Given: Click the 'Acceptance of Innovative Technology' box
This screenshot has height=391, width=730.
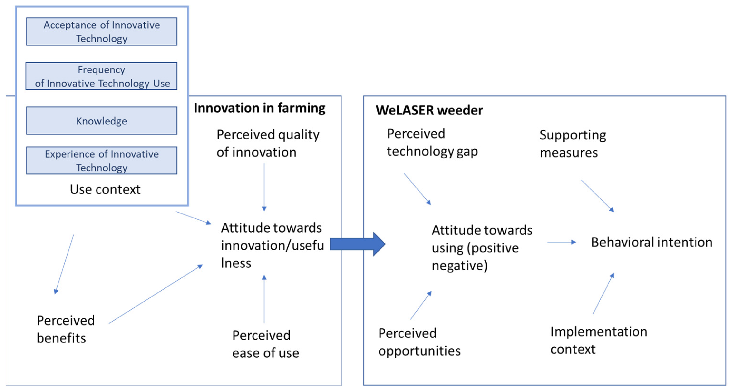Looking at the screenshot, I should (102, 31).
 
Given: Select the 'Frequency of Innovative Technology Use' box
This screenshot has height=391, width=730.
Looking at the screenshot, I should (102, 76).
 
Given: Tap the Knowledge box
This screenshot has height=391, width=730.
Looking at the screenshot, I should (102, 121).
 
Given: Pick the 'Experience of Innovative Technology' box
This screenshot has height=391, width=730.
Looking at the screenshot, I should (102, 160).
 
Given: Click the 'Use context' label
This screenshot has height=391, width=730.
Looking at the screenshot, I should (105, 189).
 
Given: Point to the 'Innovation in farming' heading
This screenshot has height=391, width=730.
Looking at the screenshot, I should (259, 108).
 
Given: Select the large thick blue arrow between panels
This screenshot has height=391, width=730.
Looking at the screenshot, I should (357, 244).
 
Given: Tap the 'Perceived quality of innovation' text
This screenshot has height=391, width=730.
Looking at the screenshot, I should (268, 143).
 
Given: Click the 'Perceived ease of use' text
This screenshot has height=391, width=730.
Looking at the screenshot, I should (265, 344).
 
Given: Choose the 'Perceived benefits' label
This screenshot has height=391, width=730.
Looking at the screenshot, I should (65, 329).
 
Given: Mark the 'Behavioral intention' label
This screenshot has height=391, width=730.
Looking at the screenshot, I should (651, 243).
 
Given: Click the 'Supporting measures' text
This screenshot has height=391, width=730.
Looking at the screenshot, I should (572, 144).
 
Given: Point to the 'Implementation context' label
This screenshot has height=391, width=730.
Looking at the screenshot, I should (599, 340).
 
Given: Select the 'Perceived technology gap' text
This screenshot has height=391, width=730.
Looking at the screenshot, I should (432, 142).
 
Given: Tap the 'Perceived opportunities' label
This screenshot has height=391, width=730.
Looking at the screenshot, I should (419, 342).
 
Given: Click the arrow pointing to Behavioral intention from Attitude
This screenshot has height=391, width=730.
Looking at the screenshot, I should (561, 242).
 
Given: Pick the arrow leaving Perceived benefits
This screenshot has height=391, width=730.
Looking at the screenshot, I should (155, 294).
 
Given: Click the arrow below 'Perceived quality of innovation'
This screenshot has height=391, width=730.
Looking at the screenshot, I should (264, 187).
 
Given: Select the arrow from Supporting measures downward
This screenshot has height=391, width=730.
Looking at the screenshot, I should (597, 196).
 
